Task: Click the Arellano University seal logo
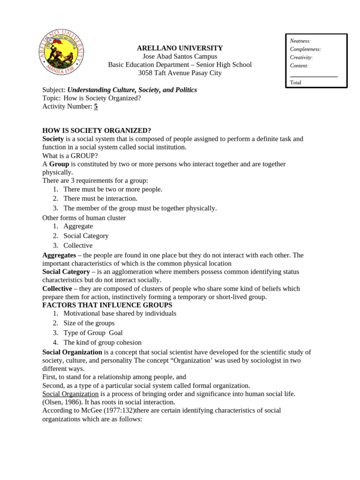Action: click(x=61, y=52)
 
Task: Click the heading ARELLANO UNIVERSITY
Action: click(x=180, y=48)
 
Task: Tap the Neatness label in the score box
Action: click(x=300, y=41)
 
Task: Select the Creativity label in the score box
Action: click(x=301, y=58)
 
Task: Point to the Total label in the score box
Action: click(x=296, y=82)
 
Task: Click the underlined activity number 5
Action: click(x=96, y=106)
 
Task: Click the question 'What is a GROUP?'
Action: click(x=70, y=156)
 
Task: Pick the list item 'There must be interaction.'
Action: click(x=100, y=198)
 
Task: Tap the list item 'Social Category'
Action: click(x=86, y=236)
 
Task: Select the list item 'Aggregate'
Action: click(x=78, y=226)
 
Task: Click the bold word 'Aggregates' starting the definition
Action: click(x=59, y=255)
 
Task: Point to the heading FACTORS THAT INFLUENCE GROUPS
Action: click(x=107, y=305)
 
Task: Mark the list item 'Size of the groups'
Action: click(x=89, y=323)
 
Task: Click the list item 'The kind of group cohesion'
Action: click(x=102, y=342)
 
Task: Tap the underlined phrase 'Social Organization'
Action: click(x=70, y=394)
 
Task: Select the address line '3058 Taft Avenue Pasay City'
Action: click(x=180, y=73)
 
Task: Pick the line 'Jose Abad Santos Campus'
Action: click(x=180, y=57)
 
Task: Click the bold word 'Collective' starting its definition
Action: click(x=57, y=289)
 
